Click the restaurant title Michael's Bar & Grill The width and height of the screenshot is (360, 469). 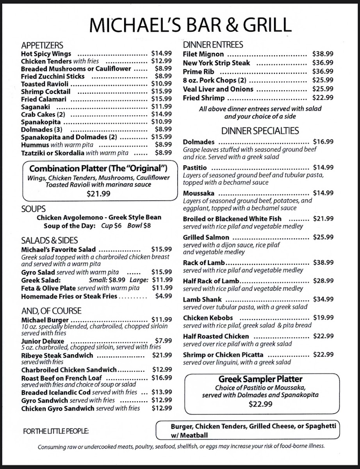[x=190, y=25]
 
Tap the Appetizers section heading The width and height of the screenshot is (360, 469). [x=42, y=45]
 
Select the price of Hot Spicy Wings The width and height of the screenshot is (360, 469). [x=161, y=54]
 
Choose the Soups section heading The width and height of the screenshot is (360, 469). [x=33, y=209]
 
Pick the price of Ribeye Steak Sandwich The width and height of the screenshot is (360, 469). [x=162, y=355]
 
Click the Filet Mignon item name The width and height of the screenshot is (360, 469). [x=203, y=54]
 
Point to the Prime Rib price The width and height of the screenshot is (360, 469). [x=323, y=72]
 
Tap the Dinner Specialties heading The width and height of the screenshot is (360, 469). [x=260, y=131]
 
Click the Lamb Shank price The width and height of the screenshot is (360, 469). [x=323, y=299]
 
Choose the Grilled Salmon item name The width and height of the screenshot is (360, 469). [x=206, y=237]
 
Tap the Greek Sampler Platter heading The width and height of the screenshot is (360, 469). [x=260, y=379]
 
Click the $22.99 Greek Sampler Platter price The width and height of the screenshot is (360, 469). [x=260, y=404]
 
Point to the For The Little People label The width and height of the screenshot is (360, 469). [x=56, y=431]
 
